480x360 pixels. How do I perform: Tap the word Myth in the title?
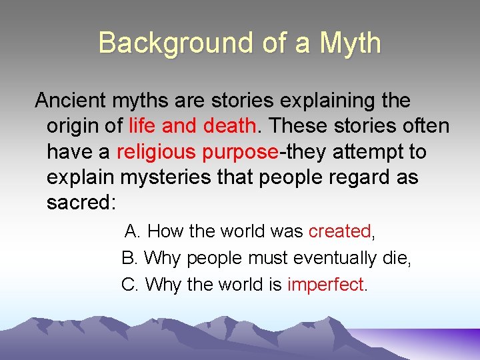click(x=350, y=44)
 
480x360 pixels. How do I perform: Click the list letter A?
click(x=131, y=231)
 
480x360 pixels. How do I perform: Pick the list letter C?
click(x=128, y=285)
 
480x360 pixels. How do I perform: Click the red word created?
click(x=339, y=231)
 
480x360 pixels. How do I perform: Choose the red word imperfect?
click(x=325, y=285)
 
